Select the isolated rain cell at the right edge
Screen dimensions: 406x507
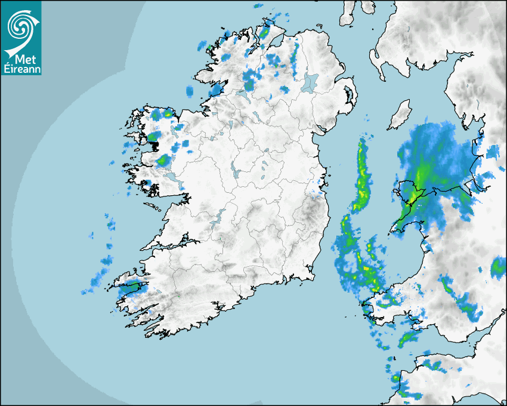[x=498, y=268]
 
